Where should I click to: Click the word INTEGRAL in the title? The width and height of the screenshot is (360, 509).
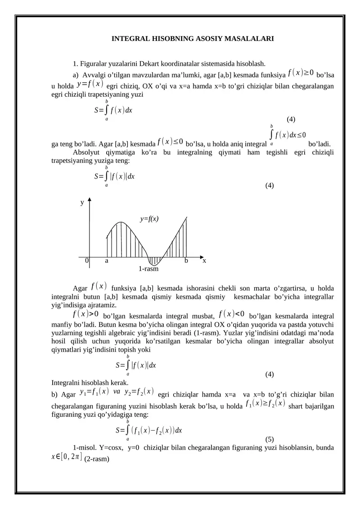(x=130, y=39)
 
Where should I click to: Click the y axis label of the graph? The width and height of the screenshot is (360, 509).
(x=82, y=203)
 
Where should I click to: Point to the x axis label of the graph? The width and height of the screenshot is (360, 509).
(x=204, y=260)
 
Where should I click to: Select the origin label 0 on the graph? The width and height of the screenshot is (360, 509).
(x=87, y=260)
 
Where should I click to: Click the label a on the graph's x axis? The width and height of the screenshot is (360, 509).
(x=107, y=260)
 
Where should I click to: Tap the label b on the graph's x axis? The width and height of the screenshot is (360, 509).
(x=186, y=260)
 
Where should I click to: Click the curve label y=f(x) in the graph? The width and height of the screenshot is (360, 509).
(x=149, y=219)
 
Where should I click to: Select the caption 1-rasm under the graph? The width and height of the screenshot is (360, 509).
(x=148, y=269)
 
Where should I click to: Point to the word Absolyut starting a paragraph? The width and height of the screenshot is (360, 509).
(x=86, y=152)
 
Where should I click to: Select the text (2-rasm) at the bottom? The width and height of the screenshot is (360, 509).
(x=97, y=459)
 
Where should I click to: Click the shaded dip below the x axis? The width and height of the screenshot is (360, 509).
(x=154, y=261)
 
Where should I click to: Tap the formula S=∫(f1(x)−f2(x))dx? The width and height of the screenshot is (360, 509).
(x=148, y=430)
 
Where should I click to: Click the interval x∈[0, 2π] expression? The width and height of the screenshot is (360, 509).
(x=67, y=457)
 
